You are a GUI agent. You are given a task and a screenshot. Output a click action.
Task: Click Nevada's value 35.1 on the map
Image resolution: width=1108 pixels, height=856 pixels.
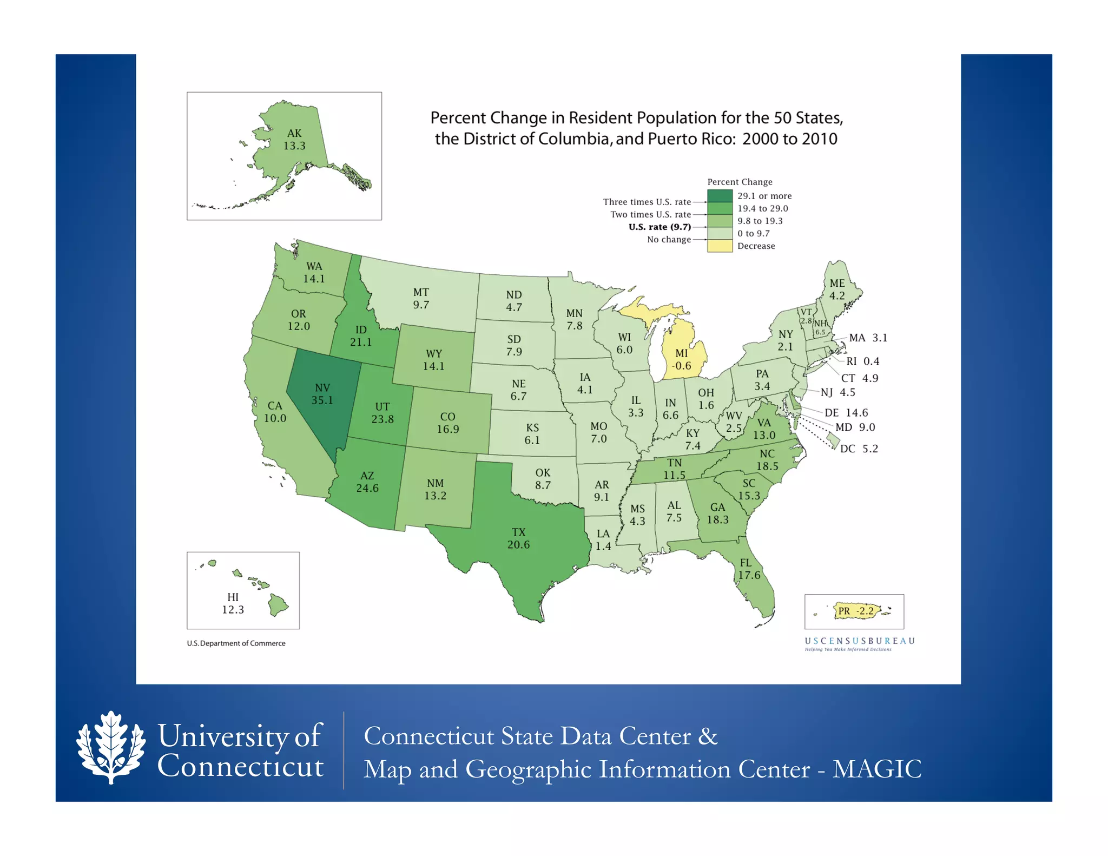(x=322, y=400)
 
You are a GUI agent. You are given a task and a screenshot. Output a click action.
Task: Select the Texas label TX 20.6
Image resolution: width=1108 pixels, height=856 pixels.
(x=518, y=538)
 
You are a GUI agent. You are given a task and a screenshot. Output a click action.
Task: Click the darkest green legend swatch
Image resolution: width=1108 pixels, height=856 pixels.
(x=720, y=196)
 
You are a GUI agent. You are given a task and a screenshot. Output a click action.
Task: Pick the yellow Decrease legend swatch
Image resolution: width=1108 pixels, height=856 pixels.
(x=720, y=246)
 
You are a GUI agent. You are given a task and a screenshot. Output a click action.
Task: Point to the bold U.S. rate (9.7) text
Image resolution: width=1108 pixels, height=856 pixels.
(x=659, y=227)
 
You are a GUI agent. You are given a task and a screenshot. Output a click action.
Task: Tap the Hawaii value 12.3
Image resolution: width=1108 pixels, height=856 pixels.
(x=233, y=610)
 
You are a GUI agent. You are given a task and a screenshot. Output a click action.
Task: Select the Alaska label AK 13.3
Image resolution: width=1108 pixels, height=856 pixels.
(x=294, y=140)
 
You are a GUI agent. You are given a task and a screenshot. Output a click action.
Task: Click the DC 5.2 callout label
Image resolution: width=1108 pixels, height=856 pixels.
(x=859, y=449)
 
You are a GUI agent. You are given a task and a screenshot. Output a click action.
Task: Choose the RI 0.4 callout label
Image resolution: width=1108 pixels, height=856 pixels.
(x=862, y=361)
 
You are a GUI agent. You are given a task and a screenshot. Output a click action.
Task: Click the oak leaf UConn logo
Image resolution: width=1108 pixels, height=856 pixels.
(x=111, y=747)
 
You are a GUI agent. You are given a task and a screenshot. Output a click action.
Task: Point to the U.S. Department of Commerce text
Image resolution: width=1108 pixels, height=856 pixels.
(x=236, y=643)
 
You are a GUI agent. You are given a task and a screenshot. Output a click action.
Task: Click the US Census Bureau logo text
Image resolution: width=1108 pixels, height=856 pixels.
(x=860, y=641)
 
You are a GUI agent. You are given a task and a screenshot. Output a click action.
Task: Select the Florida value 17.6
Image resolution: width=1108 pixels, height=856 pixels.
(x=749, y=575)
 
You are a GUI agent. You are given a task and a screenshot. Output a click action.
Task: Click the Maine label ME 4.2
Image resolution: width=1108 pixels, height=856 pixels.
(x=837, y=289)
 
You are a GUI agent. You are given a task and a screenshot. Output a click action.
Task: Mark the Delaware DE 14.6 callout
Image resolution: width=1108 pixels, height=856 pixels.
(x=846, y=412)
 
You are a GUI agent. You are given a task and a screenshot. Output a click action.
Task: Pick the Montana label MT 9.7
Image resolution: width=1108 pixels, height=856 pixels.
(x=421, y=299)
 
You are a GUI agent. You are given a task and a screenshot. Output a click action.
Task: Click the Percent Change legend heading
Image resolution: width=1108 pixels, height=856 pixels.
(x=740, y=182)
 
